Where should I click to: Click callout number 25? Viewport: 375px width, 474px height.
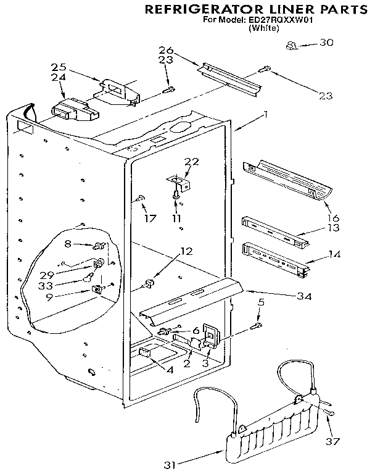[58, 66]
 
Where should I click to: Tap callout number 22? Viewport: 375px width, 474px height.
[191, 162]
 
